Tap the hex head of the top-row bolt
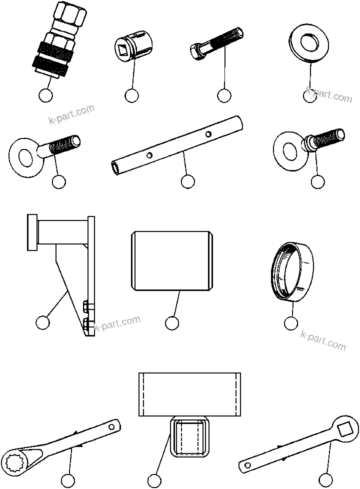point(196,50)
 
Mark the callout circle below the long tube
point(187,182)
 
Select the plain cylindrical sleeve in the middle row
point(172,260)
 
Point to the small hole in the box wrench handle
point(112,426)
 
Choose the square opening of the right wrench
point(345,428)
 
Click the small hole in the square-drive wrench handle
point(247,465)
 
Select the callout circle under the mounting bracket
point(43,323)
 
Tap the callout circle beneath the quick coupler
point(45,95)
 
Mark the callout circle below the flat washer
point(310,95)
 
